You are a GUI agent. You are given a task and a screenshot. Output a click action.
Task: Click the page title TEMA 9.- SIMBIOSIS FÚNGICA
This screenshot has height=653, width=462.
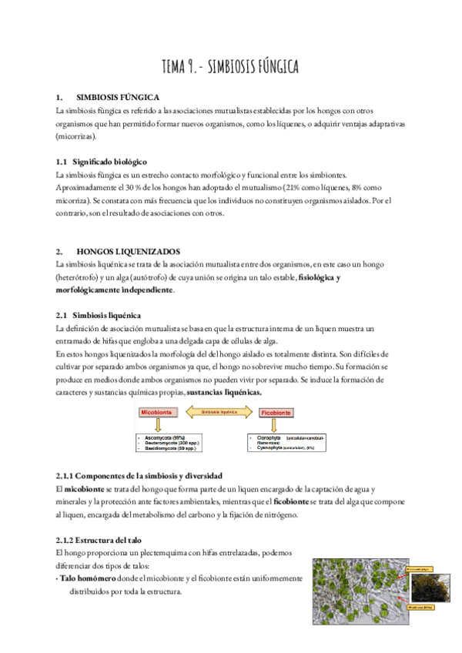point(230,67)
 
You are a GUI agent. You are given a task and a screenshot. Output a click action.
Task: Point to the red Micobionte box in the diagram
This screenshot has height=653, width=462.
point(156,413)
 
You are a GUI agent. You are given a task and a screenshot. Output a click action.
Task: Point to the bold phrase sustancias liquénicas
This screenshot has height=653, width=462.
point(224,392)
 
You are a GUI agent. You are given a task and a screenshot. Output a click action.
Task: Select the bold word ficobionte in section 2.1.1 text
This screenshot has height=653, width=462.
point(290,501)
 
